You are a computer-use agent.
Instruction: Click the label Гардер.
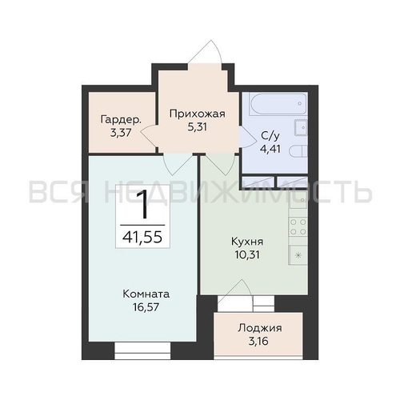click(x=121, y=120)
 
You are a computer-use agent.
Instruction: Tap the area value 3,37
click(x=121, y=133)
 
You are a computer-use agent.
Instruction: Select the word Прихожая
click(x=198, y=114)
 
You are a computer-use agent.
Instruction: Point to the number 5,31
click(x=198, y=127)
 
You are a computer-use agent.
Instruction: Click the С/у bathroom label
click(x=270, y=136)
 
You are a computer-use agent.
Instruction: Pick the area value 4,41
click(x=270, y=149)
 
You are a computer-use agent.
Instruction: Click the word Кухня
click(x=247, y=242)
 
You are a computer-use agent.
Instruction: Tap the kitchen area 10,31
click(x=247, y=254)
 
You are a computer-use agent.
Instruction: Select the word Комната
click(x=146, y=294)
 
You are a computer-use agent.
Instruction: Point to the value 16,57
click(x=146, y=307)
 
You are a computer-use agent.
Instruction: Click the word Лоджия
click(x=260, y=328)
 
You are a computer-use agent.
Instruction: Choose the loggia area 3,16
click(x=258, y=342)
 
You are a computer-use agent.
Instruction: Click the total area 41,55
click(x=142, y=237)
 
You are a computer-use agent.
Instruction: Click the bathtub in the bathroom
click(x=278, y=103)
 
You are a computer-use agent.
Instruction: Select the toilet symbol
click(x=298, y=152)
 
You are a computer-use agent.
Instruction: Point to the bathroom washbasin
click(x=301, y=127)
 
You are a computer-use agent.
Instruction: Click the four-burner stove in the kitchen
click(x=298, y=226)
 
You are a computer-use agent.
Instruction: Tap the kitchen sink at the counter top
click(x=298, y=200)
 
